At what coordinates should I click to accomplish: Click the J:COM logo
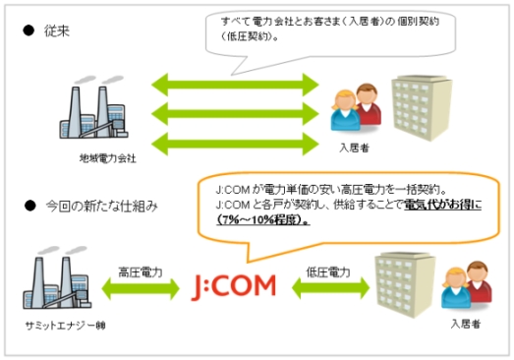coord(232,286)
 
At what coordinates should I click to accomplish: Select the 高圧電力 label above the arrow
coord(139,270)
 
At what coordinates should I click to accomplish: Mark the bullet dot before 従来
coord(30,30)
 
